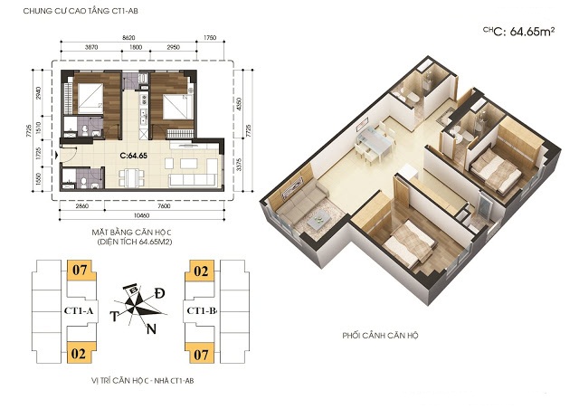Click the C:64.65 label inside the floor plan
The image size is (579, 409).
click(133, 156)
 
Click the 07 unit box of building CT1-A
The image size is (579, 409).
click(79, 269)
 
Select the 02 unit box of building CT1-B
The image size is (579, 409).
click(200, 269)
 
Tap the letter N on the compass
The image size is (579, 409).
click(151, 328)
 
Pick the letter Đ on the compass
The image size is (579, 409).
click(159, 294)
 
